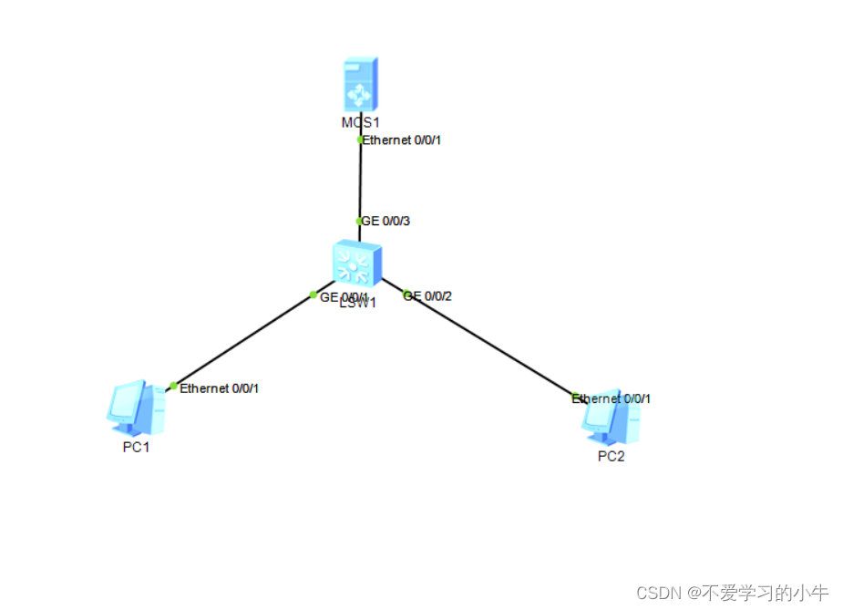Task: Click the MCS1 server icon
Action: tap(360, 85)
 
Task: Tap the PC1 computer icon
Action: tap(134, 408)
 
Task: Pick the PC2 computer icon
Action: tap(610, 418)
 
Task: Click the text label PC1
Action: tap(136, 447)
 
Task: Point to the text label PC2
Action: tap(611, 457)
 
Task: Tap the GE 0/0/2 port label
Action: tap(429, 295)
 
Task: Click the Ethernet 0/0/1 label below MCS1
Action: tap(402, 140)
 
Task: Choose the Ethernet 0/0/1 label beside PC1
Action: tap(220, 388)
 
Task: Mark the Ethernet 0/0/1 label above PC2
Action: tap(612, 398)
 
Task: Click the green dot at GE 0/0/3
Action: tap(360, 221)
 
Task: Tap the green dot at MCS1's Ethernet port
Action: tap(361, 140)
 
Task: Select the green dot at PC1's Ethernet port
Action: tap(174, 386)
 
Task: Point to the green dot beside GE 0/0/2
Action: tap(406, 294)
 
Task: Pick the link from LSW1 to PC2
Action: tap(492, 346)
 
